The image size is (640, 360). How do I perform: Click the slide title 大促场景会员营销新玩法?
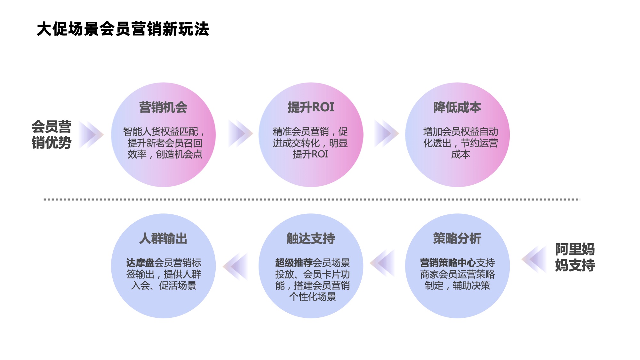[x=123, y=29]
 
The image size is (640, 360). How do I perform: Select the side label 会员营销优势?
[x=51, y=134]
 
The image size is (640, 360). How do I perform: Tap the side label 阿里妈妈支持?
[x=575, y=257]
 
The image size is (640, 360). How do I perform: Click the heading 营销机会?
[x=163, y=107]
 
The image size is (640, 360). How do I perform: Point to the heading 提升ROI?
[x=311, y=107]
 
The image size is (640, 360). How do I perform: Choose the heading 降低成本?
[x=457, y=107]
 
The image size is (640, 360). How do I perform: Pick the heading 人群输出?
[x=163, y=238]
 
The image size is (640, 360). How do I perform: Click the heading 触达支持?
[x=311, y=238]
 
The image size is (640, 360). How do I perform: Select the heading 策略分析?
[x=457, y=238]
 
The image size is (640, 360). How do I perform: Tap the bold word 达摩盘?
[x=140, y=263]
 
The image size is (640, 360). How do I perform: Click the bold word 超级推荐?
[x=294, y=263]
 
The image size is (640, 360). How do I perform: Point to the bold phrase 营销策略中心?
[x=448, y=263]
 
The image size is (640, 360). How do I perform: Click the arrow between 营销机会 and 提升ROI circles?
[x=240, y=134]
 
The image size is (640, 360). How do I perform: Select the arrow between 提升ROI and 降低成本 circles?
[x=386, y=134]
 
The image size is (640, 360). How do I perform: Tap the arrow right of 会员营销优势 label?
[x=91, y=134]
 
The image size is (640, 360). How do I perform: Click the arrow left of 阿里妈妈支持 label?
[x=534, y=259]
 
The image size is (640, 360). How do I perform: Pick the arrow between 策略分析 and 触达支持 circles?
[x=383, y=263]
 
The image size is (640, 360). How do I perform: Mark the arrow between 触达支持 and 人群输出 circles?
[x=236, y=266]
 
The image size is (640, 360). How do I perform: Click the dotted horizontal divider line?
[x=312, y=199]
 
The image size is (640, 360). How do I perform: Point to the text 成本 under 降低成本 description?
[x=460, y=154]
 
